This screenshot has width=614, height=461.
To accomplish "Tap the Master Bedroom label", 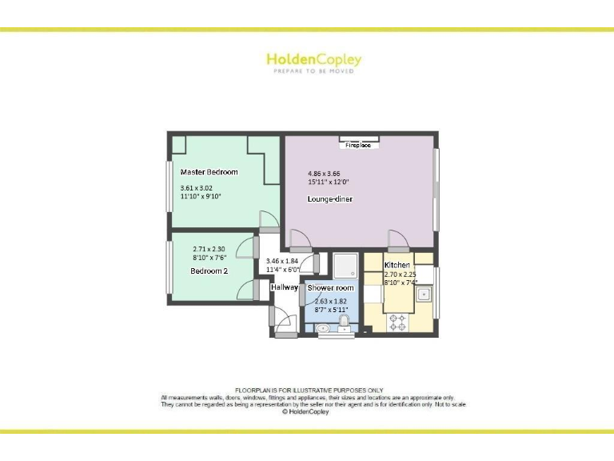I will click(209, 172).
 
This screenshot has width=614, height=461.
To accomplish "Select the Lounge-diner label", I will click(330, 198).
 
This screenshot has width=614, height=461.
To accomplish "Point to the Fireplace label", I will click(358, 146).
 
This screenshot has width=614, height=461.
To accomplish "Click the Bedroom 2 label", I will click(209, 271).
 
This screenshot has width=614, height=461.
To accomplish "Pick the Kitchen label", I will click(397, 265).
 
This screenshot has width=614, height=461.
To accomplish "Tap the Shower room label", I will click(330, 287).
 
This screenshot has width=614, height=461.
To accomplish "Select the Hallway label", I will click(284, 287).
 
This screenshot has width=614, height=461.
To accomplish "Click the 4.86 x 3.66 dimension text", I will click(325, 173).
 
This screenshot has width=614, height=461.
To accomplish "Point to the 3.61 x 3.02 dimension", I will click(197, 189).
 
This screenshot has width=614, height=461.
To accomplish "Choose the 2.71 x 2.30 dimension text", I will click(209, 249).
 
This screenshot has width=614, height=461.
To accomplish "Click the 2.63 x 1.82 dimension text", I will click(329, 302).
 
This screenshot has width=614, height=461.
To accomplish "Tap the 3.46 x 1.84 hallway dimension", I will click(281, 262).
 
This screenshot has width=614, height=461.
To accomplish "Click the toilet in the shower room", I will click(343, 323).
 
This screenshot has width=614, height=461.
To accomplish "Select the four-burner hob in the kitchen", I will click(397, 323).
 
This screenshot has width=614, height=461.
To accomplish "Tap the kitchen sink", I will click(425, 295).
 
